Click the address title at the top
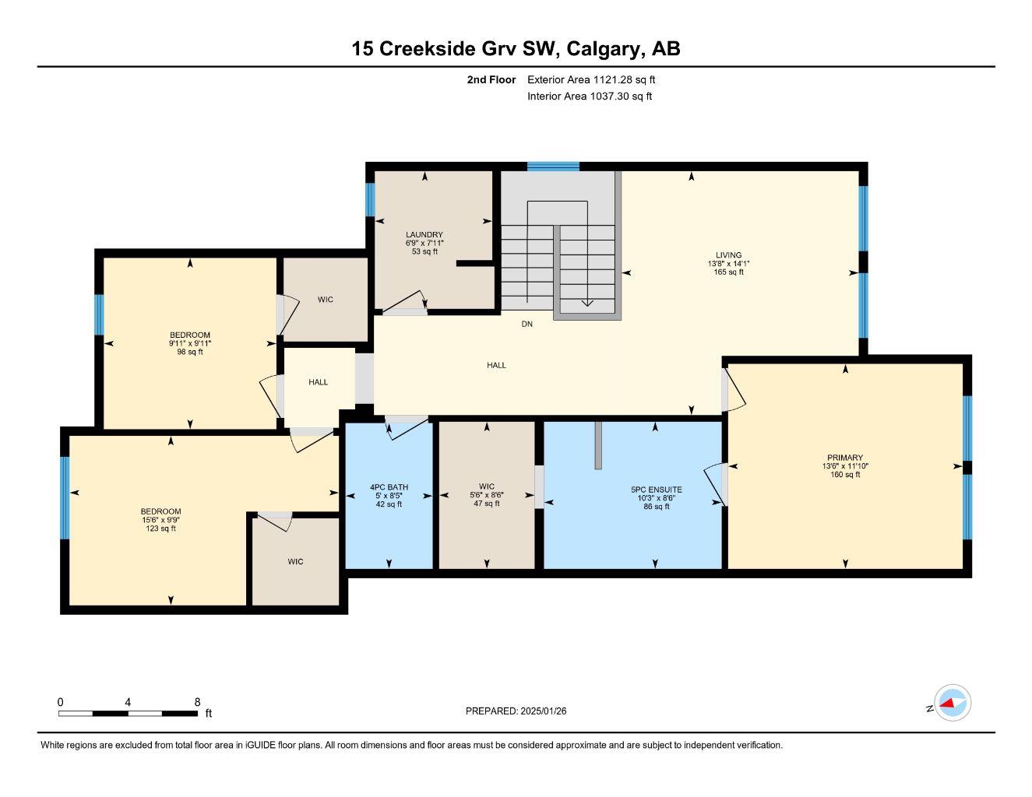516,48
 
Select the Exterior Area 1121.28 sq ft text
591,79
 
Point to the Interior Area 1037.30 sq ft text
589,97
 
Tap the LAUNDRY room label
424,235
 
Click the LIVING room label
729,255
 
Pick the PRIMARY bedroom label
845,458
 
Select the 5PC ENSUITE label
656,490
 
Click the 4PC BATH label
389,488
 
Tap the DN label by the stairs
527,324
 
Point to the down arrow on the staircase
587,302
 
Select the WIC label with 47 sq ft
487,486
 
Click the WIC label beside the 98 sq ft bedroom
326,300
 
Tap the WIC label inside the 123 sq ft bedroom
295,561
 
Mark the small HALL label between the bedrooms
318,382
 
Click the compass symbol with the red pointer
952,704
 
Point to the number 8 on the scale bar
197,701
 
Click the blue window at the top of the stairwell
553,166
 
